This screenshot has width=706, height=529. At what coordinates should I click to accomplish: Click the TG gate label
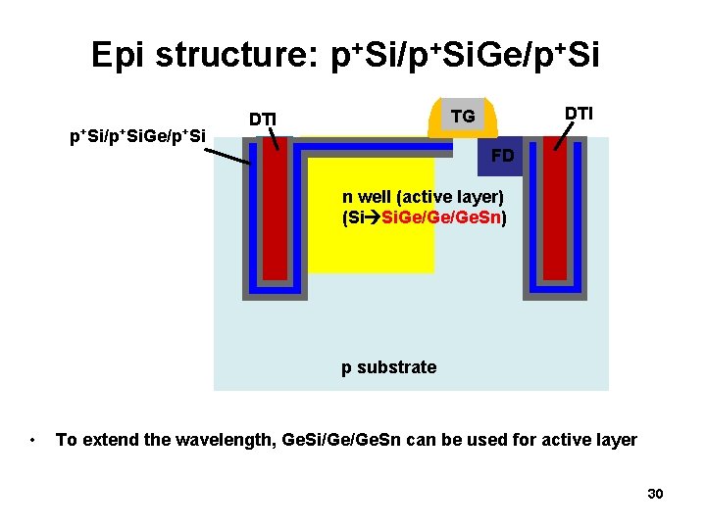(x=463, y=117)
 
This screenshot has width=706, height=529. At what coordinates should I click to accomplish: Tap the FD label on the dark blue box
(x=502, y=156)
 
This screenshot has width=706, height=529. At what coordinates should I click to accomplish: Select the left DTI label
(x=262, y=120)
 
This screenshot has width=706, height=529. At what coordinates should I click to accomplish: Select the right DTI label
(x=579, y=114)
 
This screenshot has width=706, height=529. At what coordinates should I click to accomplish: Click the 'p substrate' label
(x=388, y=367)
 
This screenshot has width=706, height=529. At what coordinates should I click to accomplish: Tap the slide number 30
(x=655, y=494)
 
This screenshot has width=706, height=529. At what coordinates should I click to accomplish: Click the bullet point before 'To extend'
(x=33, y=440)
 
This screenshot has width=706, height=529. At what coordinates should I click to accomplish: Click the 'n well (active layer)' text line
(x=423, y=197)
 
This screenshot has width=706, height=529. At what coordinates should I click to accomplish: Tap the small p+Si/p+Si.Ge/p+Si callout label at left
(x=136, y=135)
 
